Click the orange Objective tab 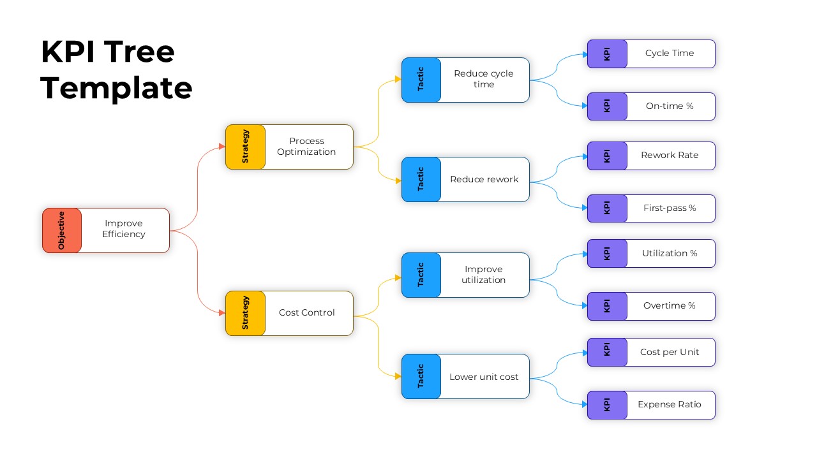pos(62,230)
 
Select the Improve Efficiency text pos(124,229)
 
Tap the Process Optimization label pos(306,147)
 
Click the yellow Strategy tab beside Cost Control pos(245,313)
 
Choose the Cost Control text pos(306,312)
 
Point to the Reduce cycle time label pos(483,79)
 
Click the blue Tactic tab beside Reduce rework pos(421,179)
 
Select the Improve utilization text pos(483,275)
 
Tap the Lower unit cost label pos(484,377)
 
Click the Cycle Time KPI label pos(669,53)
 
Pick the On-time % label pos(669,106)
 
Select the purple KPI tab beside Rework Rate pos(607,156)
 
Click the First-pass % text pos(670,208)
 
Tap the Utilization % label pos(670,253)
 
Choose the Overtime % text pos(669,305)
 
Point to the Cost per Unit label pos(670,352)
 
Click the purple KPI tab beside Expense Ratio pos(607,405)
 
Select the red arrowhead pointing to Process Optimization pos(221,147)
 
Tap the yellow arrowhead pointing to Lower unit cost pos(398,376)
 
